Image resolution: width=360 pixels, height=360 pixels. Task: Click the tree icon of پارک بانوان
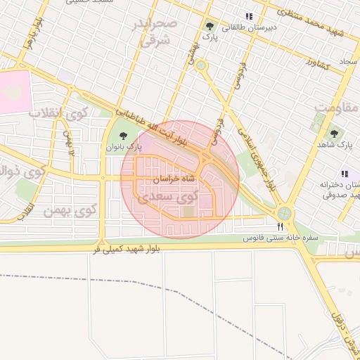(124, 136)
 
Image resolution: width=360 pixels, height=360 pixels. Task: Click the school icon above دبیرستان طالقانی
(248, 15)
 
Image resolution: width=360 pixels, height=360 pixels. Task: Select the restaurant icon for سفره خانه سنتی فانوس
(281, 226)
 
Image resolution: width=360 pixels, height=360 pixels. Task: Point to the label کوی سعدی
(166, 198)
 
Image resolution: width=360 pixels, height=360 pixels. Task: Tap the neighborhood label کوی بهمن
(70, 210)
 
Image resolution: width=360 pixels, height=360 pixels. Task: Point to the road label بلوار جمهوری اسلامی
(255, 157)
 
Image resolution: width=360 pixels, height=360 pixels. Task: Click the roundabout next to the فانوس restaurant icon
(284, 212)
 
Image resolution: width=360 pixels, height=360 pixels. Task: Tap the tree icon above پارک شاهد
(334, 133)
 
